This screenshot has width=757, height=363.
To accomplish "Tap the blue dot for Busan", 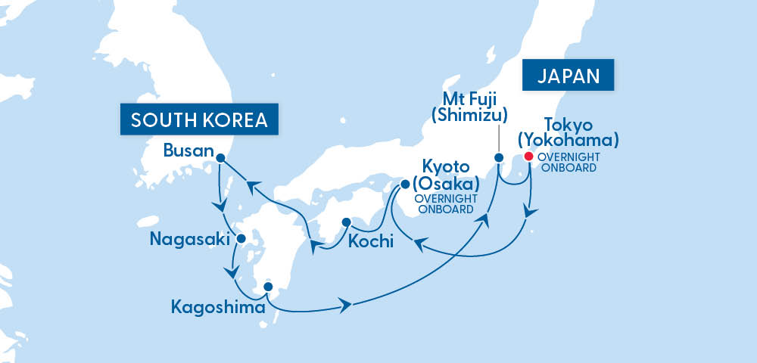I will tap(220, 158).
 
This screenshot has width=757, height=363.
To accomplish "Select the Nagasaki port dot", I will tap(241, 239).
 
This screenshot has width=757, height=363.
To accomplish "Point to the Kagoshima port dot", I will tap(267, 287).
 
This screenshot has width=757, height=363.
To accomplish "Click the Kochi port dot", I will tap(345, 222).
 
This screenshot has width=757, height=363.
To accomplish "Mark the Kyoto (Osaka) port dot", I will tap(405, 183).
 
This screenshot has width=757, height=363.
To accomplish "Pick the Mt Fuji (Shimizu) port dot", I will tap(499, 158).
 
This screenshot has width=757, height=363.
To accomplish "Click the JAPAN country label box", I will tap(568, 76).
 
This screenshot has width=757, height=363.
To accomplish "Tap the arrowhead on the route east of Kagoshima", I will tap(347, 306).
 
